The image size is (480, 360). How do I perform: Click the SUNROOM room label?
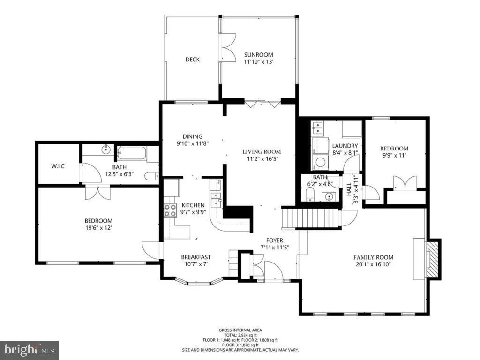[x=258, y=55]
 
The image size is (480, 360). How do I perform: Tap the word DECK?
[x=193, y=60]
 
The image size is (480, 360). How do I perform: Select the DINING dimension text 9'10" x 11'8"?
[x=193, y=143]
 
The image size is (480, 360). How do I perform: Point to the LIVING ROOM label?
[x=262, y=151]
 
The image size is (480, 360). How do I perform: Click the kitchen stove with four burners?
[x=171, y=210]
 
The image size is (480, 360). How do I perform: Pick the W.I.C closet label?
[x=58, y=166]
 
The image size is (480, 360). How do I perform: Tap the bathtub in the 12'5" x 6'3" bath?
[x=132, y=153]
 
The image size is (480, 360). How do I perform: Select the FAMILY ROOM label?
[x=374, y=257]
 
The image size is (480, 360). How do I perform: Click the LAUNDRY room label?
[x=345, y=146]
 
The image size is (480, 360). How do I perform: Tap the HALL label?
[x=349, y=189]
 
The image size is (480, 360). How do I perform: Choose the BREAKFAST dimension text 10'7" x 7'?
[x=196, y=264]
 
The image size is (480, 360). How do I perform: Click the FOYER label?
[x=275, y=240]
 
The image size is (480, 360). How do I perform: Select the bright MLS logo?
[x=30, y=350]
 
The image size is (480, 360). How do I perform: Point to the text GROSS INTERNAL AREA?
[x=240, y=330]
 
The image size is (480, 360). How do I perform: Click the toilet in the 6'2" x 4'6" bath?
[x=309, y=195]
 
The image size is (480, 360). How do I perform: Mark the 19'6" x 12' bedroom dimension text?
[x=98, y=228]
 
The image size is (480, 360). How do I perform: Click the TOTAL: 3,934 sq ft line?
[x=240, y=335]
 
